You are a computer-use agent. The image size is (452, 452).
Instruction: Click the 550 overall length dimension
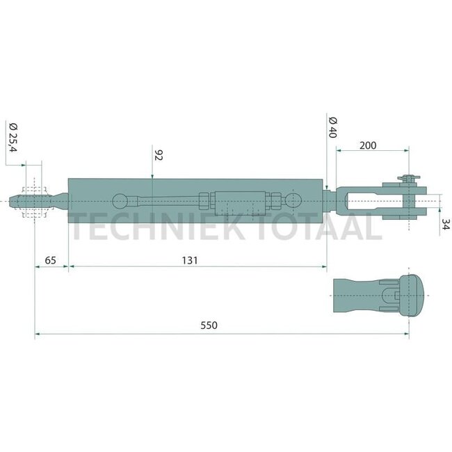click(209, 325)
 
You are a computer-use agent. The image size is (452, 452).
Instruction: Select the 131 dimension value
click(190, 261)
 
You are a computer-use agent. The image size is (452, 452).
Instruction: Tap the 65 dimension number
click(51, 261)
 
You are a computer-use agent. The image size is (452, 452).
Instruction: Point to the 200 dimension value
click(368, 145)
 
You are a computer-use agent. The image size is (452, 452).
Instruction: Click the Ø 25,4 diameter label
click(13, 137)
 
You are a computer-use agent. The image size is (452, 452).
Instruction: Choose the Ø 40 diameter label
click(332, 128)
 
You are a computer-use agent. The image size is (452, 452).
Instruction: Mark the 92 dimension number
click(159, 155)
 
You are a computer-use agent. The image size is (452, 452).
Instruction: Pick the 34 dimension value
click(445, 225)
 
